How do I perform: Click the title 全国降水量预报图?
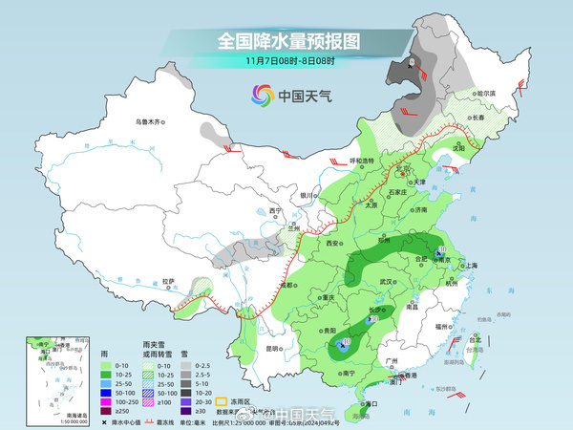286,41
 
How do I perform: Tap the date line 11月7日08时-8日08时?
286,62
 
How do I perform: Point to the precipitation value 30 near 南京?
441,250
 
